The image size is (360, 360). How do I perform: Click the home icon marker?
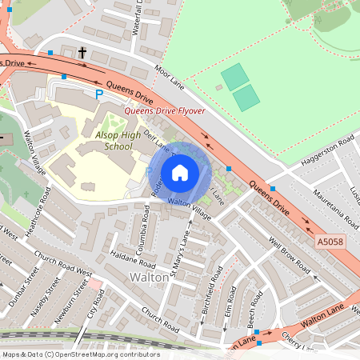(180, 172)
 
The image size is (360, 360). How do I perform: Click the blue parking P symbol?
(100, 94)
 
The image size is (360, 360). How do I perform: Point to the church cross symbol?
(82, 53)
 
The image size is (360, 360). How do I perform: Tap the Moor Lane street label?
(169, 77)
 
